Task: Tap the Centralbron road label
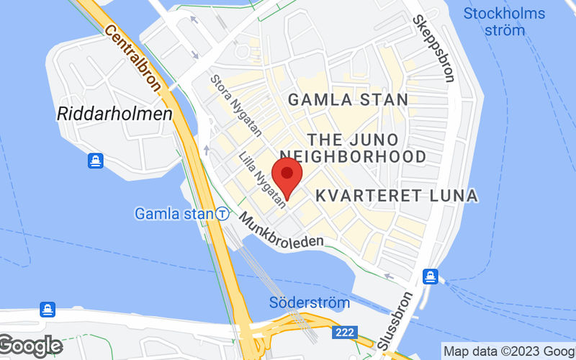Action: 132,57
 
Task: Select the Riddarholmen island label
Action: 115,114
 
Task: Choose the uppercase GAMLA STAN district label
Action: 348,99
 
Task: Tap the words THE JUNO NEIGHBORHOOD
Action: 353,148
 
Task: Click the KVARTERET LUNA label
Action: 397,195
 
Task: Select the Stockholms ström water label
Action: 504,22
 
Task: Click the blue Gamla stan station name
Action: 174,214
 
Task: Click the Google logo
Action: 30,346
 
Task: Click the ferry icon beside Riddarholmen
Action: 96,161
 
